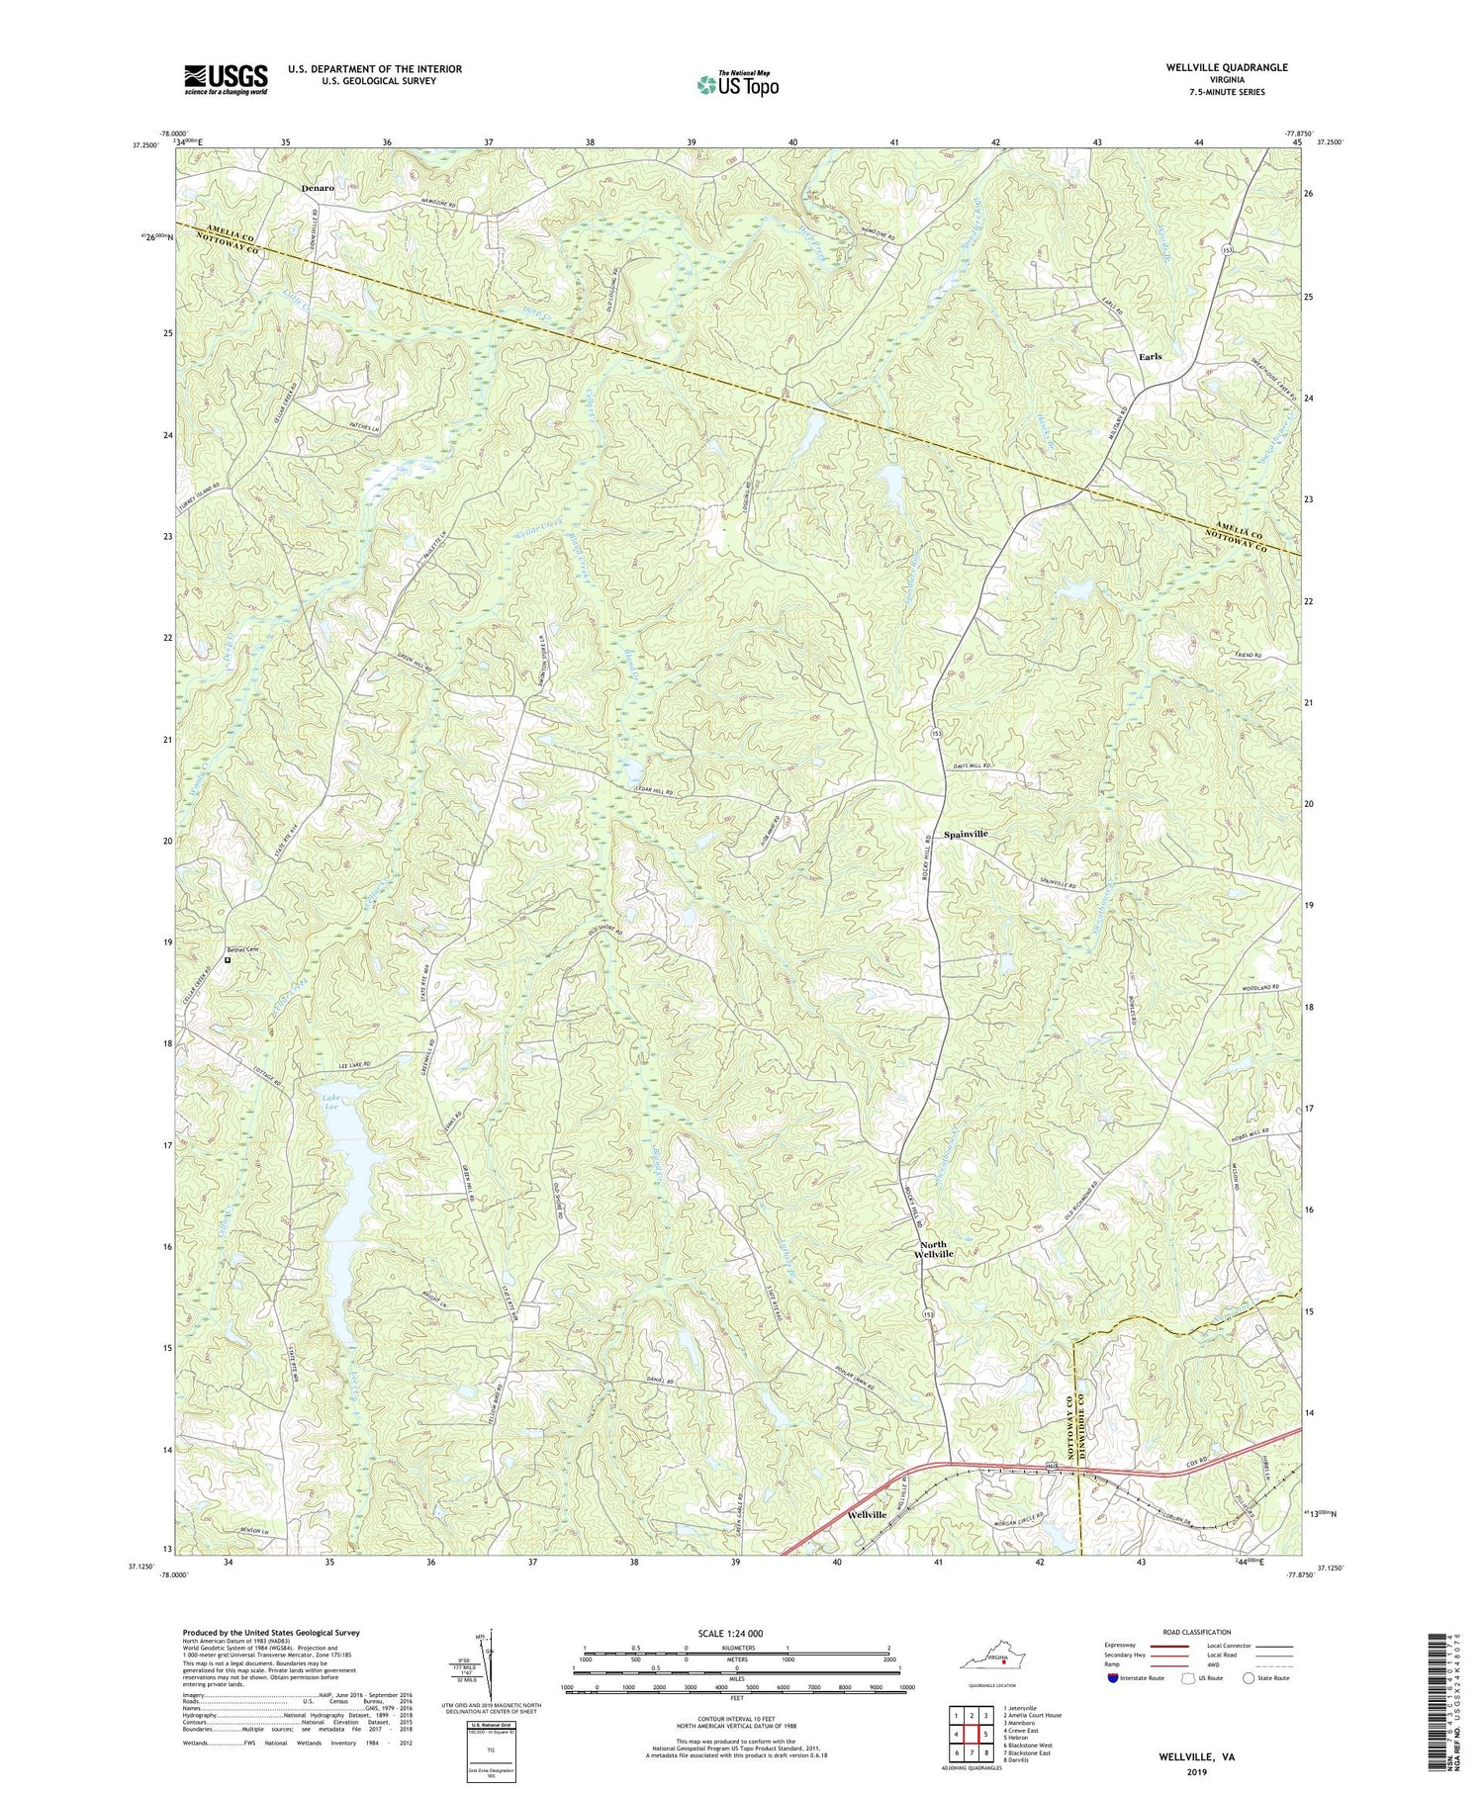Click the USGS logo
tap(226, 79)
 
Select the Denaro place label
tap(318, 187)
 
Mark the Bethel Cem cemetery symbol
tap(227, 959)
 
